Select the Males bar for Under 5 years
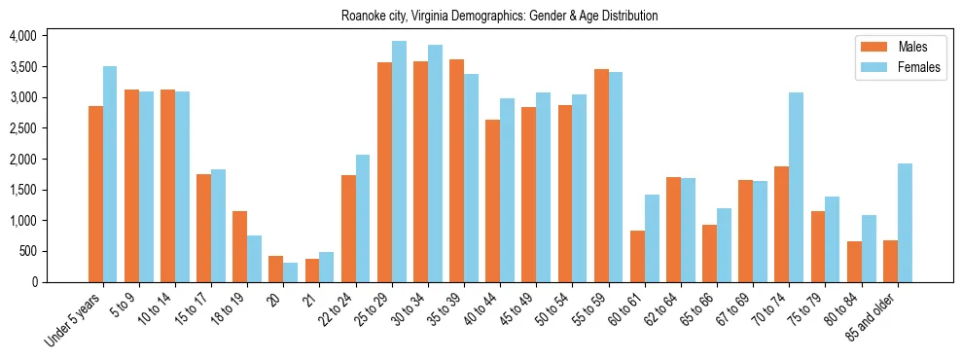tap(95, 194)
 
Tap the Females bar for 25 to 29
tap(399, 162)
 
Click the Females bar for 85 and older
tap(905, 223)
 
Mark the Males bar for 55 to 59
tap(601, 175)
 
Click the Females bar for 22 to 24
tap(363, 218)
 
